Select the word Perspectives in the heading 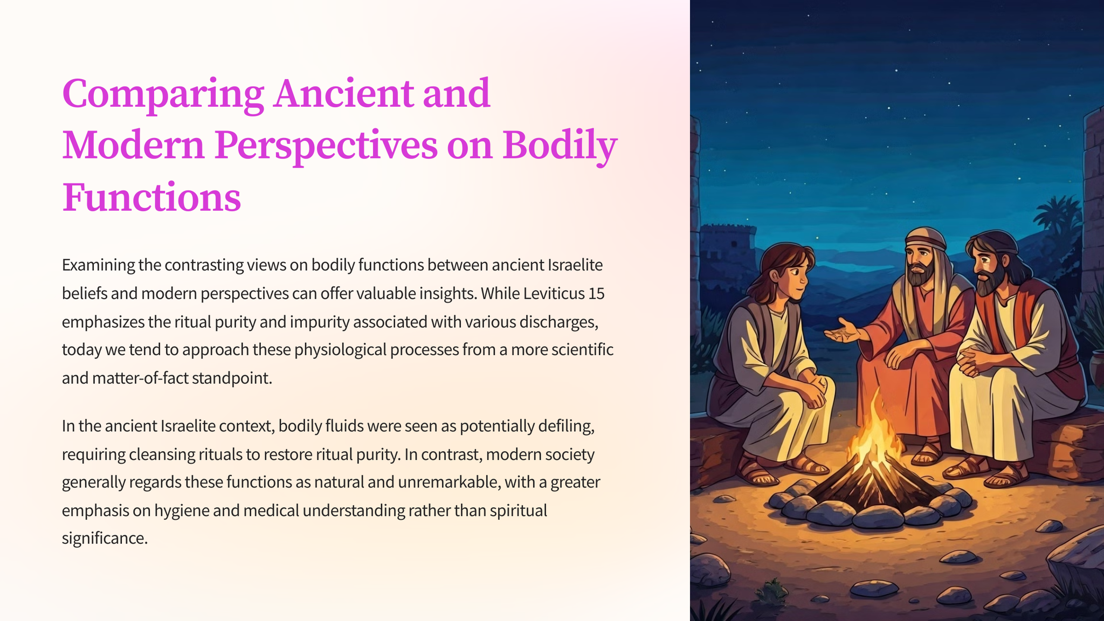(x=326, y=146)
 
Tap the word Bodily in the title (x=560, y=146)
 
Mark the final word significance (x=105, y=538)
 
